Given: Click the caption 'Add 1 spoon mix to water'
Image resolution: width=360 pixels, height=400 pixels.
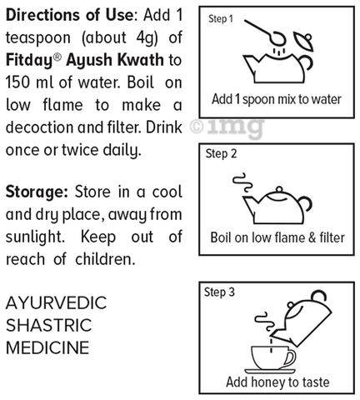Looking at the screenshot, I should click(276, 99).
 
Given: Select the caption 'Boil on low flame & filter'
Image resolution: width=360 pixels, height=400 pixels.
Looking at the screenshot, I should click(276, 237).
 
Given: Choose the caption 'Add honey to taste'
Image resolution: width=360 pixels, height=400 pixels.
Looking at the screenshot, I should click(276, 382).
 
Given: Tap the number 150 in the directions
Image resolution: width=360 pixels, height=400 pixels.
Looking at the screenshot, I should click(22, 84).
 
